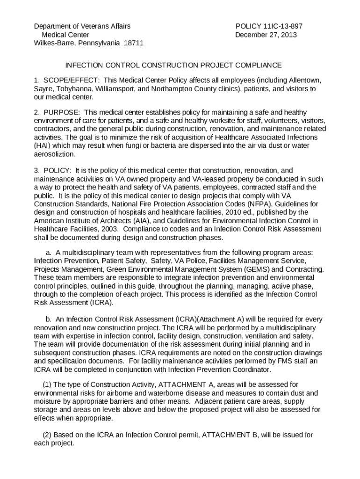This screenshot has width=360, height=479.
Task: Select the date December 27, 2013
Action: point(266,35)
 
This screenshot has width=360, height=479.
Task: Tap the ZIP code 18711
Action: point(134,44)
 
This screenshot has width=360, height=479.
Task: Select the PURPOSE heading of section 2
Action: point(62,112)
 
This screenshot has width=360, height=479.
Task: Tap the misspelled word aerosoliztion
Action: point(54,154)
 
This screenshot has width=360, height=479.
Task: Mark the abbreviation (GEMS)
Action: point(258,269)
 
